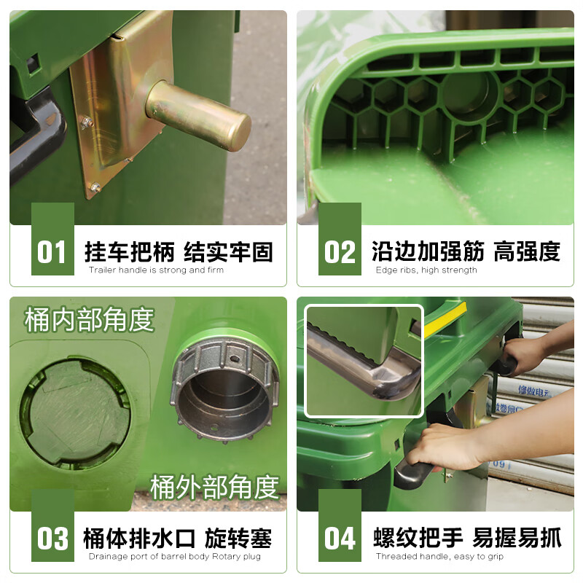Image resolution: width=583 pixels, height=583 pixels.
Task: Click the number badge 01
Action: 52,252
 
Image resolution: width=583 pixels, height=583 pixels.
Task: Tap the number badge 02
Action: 340,252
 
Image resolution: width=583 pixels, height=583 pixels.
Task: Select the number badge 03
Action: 52,539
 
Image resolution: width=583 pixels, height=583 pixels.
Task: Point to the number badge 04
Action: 340,539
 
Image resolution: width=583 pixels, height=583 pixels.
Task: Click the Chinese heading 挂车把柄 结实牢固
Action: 179,252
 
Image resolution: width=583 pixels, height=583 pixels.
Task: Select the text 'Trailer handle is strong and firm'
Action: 156,270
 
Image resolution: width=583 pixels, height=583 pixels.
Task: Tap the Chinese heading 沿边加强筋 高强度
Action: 466,252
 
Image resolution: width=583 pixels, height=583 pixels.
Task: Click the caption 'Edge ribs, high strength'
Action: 426,270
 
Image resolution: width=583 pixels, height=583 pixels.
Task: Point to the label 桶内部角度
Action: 89,319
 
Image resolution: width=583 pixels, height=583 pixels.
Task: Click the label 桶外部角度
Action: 215,487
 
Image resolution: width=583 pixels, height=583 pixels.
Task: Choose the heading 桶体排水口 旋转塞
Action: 179,539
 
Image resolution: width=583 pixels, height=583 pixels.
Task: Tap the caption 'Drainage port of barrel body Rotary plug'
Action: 175,557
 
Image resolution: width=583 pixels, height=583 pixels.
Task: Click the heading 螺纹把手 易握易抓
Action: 467,539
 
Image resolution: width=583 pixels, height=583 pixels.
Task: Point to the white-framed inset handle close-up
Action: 364,361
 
